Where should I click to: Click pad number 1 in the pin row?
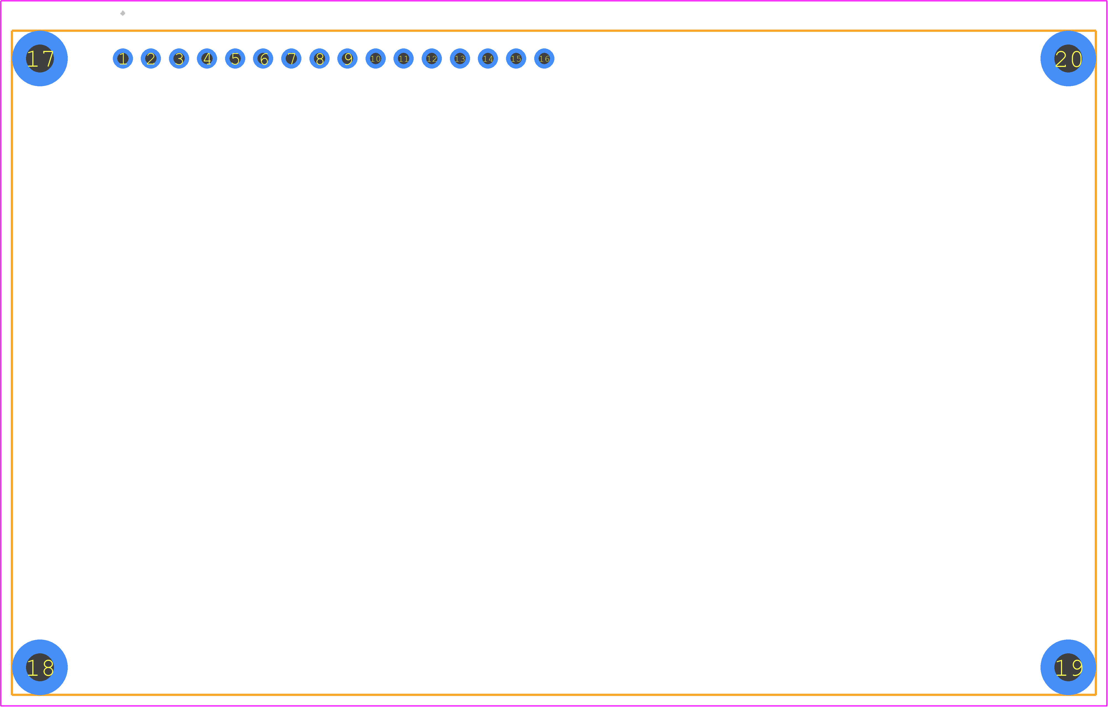pos(123,58)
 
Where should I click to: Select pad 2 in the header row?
pos(151,58)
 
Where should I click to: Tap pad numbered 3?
pos(179,58)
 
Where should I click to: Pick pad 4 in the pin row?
pos(207,58)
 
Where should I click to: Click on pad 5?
pos(235,58)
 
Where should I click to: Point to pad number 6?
pos(263,58)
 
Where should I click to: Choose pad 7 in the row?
pos(291,58)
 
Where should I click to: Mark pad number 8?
pos(319,58)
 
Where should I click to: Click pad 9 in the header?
pos(347,58)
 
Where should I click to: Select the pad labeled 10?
pos(376,58)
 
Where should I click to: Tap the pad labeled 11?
pos(403,58)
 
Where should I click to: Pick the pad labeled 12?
pos(432,58)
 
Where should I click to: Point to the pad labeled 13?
pos(460,58)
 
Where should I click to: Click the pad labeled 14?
pos(488,58)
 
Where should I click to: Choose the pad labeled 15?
pos(516,58)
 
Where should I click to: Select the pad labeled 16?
pos(544,58)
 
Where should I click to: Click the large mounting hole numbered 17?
pos(40,58)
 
